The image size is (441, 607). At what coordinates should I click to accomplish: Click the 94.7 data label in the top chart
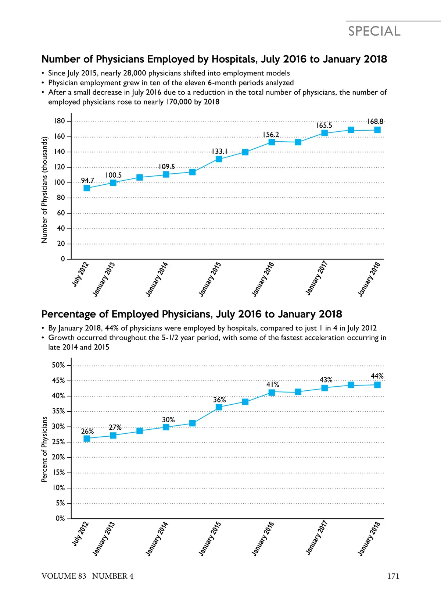click(x=87, y=180)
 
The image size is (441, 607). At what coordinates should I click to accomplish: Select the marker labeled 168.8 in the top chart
click(x=377, y=130)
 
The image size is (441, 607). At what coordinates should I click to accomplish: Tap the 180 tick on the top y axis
click(x=60, y=121)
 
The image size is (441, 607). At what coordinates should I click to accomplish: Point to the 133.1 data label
click(x=219, y=151)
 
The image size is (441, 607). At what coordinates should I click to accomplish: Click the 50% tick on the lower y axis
click(x=58, y=365)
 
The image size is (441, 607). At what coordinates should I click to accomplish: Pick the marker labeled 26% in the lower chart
click(x=87, y=439)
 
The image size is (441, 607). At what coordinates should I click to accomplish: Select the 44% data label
click(x=377, y=376)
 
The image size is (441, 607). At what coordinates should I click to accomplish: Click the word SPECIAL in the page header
click(x=374, y=31)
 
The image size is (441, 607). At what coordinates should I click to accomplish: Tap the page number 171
click(x=393, y=576)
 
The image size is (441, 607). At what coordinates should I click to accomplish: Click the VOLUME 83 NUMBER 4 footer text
click(x=87, y=576)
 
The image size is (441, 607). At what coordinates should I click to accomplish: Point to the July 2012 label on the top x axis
click(x=80, y=274)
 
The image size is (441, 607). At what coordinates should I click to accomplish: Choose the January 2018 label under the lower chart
click(x=369, y=539)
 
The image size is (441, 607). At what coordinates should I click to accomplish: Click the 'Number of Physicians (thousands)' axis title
click(x=44, y=190)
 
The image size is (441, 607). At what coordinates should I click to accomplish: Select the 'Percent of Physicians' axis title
click(x=44, y=449)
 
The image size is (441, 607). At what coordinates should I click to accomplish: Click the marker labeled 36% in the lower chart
click(x=219, y=407)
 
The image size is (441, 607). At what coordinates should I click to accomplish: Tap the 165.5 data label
click(x=324, y=125)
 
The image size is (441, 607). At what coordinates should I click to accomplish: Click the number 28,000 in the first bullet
click(x=135, y=73)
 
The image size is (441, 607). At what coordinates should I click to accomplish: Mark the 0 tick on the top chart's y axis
click(x=62, y=259)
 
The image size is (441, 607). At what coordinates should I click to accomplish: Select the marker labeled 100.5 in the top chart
click(x=113, y=183)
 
